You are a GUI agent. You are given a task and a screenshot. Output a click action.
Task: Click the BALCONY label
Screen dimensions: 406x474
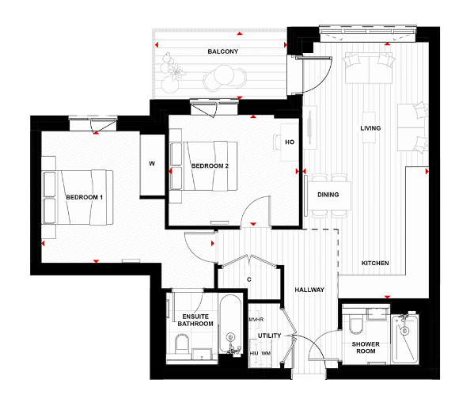[x=223, y=51]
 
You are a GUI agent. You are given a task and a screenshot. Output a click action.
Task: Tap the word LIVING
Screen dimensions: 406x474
[x=370, y=127]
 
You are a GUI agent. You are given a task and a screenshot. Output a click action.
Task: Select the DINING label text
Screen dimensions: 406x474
[x=328, y=195]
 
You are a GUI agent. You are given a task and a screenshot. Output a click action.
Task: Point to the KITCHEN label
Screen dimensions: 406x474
[x=375, y=263]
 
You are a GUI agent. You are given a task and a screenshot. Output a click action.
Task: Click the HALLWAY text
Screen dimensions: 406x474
[x=309, y=290]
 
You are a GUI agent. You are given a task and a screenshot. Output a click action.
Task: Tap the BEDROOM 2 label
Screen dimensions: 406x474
[x=210, y=165]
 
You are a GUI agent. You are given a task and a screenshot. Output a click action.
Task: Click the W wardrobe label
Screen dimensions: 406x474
[x=151, y=165]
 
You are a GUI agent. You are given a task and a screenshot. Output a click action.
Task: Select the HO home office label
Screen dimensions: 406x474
[x=290, y=142]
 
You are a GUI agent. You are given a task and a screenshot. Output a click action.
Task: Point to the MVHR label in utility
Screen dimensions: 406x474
[x=255, y=320]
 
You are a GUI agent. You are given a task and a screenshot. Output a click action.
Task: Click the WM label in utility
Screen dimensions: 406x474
[x=266, y=353]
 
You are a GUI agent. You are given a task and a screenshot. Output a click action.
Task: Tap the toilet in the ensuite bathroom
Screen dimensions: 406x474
[x=180, y=346]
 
